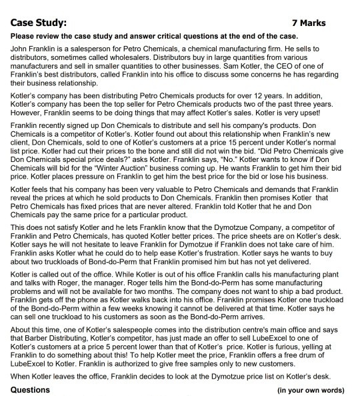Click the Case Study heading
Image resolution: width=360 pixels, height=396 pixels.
pyautogui.click(x=39, y=23)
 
